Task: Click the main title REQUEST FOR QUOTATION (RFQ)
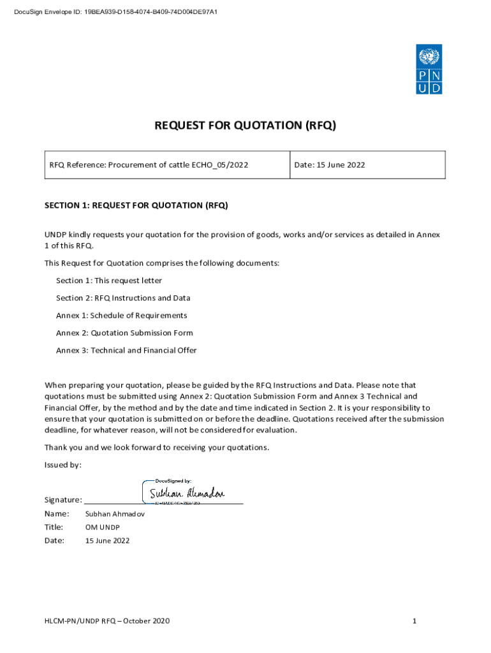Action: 245,126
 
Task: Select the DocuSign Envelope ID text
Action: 115,11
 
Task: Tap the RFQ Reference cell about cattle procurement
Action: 149,165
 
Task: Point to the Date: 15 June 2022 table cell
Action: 330,165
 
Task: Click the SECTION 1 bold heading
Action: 136,205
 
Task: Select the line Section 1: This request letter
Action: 109,281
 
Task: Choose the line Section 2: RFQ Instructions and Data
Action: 123,298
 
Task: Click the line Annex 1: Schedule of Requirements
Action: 122,316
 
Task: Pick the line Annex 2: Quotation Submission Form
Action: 124,333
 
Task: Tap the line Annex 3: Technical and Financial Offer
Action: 126,350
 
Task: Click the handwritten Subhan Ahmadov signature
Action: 187,494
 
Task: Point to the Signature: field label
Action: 62,499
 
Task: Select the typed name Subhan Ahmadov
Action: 115,514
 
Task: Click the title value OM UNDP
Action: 103,527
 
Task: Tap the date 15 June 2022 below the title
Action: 107,541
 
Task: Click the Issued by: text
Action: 62,465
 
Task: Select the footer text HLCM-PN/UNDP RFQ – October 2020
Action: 107,621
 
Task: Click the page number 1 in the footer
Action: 414,621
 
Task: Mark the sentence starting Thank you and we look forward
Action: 157,448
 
